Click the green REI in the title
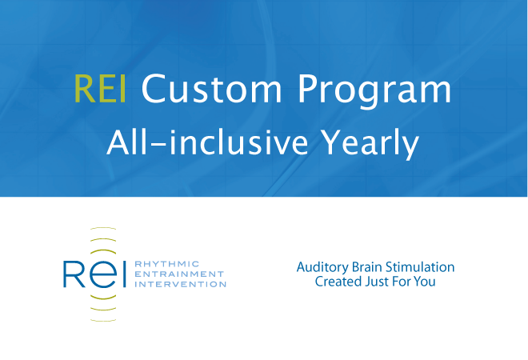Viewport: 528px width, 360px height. click(x=100, y=89)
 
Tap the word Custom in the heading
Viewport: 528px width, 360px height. click(x=211, y=89)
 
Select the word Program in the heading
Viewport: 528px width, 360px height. click(x=374, y=91)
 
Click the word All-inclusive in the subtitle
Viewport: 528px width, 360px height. click(x=207, y=142)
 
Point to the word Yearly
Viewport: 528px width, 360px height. click(x=370, y=145)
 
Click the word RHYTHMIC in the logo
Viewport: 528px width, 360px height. click(x=167, y=264)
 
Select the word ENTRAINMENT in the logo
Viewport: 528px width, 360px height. click(x=179, y=274)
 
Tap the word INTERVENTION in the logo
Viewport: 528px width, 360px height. click(x=180, y=284)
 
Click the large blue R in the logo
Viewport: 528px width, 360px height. click(x=74, y=274)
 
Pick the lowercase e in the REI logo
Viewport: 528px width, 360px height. click(x=103, y=274)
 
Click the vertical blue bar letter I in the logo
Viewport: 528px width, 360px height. click(x=124, y=274)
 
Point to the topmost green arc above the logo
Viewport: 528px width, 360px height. click(x=103, y=228)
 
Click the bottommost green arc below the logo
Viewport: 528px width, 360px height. click(x=103, y=320)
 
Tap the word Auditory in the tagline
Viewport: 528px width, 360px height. click(x=322, y=267)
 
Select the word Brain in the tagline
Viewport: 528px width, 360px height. click(x=367, y=266)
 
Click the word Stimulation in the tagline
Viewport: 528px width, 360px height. click(x=420, y=266)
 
